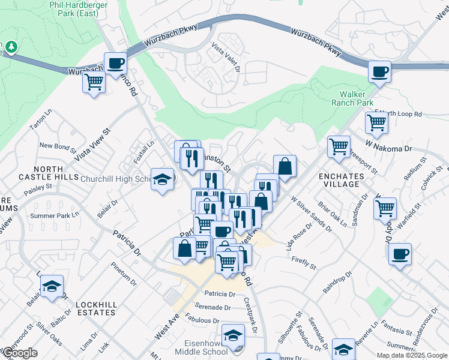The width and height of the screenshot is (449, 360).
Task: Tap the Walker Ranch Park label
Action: point(357,98)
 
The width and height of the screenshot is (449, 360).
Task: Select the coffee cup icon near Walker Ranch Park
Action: point(379,73)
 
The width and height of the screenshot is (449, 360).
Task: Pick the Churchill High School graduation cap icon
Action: point(162,179)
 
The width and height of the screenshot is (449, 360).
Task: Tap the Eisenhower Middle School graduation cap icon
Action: point(233,336)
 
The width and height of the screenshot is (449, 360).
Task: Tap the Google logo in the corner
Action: point(20,353)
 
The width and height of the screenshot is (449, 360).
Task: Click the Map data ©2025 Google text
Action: point(411,355)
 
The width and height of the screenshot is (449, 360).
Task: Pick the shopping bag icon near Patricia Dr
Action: point(185,248)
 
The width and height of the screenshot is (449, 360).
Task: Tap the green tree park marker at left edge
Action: point(11,47)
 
